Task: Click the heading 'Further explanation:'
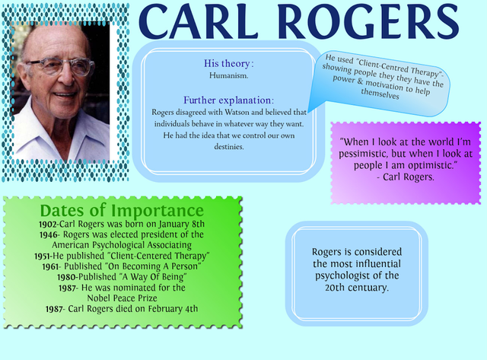(229, 100)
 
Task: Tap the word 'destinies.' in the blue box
(228, 146)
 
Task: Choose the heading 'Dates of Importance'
(122, 210)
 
